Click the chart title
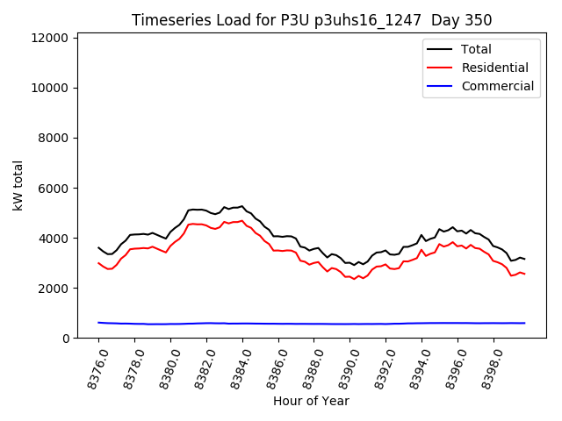click(312, 20)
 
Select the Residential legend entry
click(495, 68)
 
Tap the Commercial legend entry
click(498, 86)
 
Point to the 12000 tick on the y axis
click(50, 38)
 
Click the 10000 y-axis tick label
click(50, 88)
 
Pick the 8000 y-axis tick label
click(54, 138)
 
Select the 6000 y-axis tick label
click(54, 188)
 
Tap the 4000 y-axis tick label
click(54, 238)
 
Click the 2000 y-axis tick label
click(54, 288)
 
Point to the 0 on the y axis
click(66, 338)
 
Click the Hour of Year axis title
click(311, 401)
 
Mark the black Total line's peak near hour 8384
click(241, 206)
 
